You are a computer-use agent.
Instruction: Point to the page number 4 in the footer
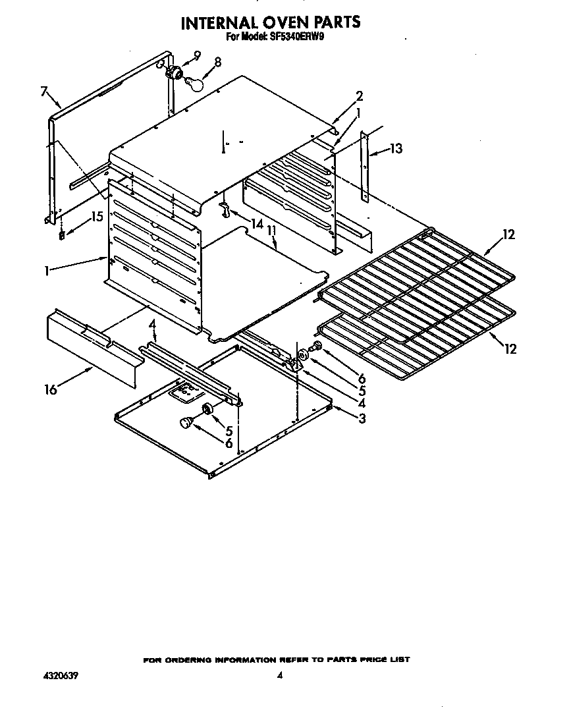(x=280, y=675)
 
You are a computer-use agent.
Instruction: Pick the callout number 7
(x=44, y=92)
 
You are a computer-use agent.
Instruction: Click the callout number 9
(x=197, y=55)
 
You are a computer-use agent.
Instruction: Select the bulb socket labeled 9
(x=175, y=72)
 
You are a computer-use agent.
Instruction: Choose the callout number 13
(x=395, y=149)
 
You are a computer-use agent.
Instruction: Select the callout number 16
(x=50, y=389)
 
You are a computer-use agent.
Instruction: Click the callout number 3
(x=362, y=418)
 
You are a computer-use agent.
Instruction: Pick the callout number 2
(x=360, y=96)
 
